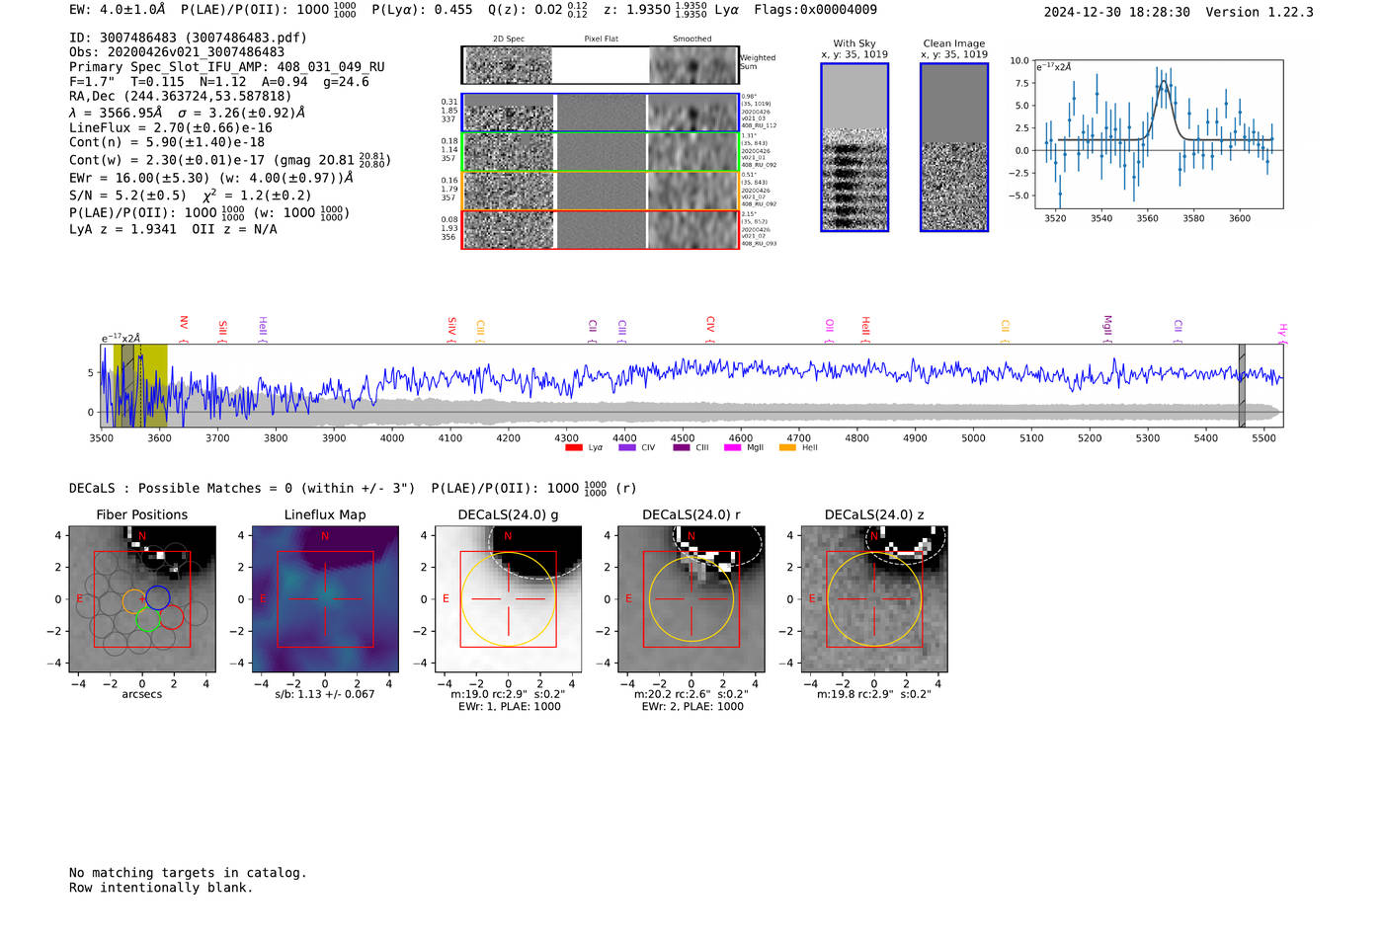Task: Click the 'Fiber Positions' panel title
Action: (141, 514)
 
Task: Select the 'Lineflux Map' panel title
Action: (324, 514)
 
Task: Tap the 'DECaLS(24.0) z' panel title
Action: (874, 514)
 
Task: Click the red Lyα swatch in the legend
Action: (574, 448)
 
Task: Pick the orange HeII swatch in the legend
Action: (787, 448)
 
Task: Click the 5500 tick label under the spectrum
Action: (1263, 437)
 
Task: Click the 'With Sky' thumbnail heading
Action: (854, 43)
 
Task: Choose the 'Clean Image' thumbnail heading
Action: (953, 43)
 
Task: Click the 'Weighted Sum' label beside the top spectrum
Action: (758, 62)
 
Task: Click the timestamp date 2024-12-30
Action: (1084, 12)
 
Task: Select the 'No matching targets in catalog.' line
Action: (188, 873)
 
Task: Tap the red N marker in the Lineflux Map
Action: (325, 536)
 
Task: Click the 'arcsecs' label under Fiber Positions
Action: (141, 694)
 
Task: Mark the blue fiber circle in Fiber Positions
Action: (158, 597)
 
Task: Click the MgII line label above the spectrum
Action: (1107, 325)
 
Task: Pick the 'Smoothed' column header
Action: (691, 39)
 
